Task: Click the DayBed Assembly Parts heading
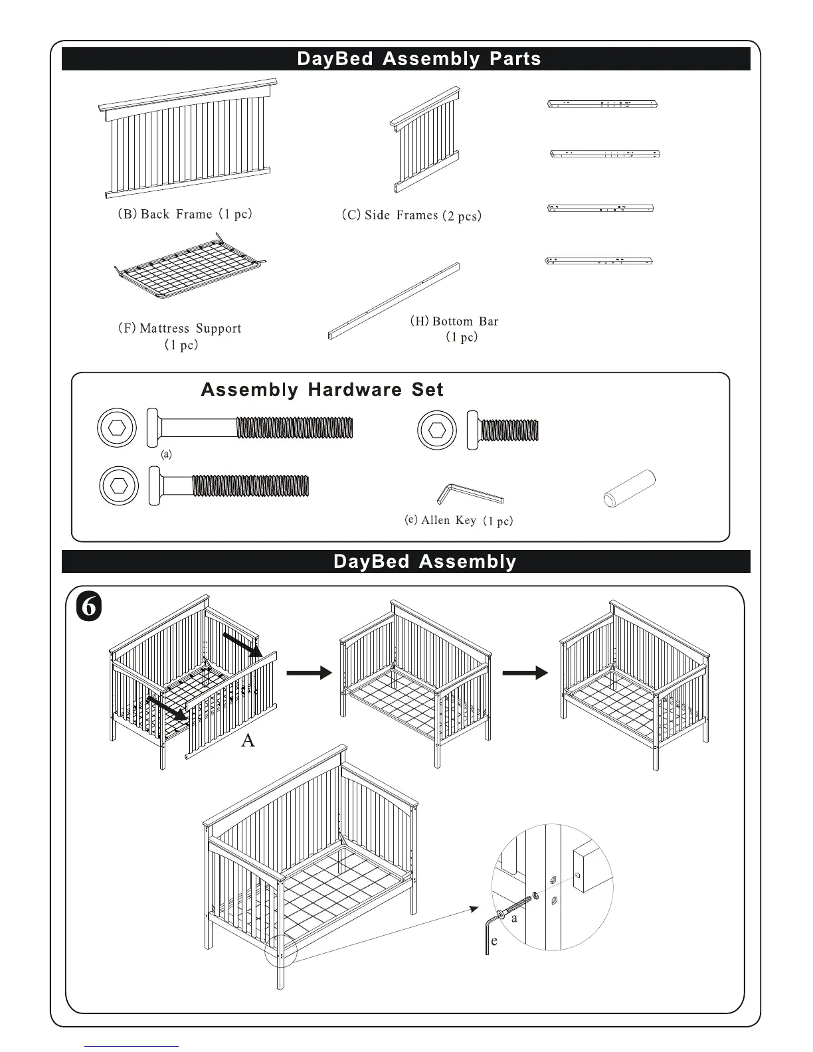point(418,59)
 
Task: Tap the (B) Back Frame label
point(181,214)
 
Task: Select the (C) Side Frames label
point(411,215)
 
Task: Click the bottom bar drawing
point(393,301)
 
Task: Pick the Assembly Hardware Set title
point(322,390)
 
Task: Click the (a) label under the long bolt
point(167,454)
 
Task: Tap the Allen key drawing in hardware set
point(469,493)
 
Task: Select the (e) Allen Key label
point(459,520)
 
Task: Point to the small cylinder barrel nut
point(629,488)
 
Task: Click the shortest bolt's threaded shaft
point(509,430)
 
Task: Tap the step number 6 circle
point(89,607)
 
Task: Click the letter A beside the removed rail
point(248,741)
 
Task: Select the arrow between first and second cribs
point(309,673)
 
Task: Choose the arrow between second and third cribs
point(525,673)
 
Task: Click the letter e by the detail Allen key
point(494,941)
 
